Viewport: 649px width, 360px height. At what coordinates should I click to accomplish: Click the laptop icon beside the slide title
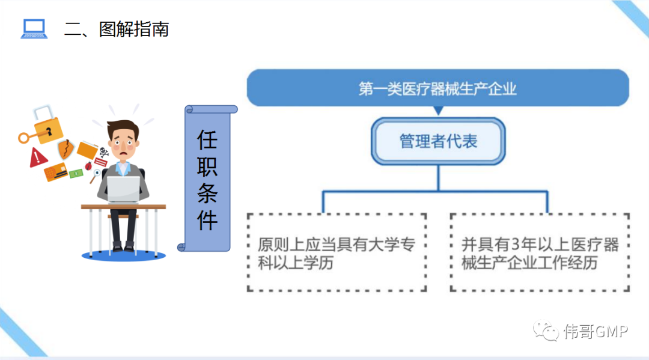[x=34, y=29]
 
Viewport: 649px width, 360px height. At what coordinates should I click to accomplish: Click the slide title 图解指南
[x=134, y=29]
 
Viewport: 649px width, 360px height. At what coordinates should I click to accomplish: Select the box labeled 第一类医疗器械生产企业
[x=437, y=88]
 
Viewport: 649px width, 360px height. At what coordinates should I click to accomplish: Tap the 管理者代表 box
[x=438, y=141]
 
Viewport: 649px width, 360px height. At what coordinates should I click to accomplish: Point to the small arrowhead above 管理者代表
[x=438, y=111]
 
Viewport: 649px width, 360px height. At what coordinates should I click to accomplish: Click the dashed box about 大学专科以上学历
[x=337, y=252]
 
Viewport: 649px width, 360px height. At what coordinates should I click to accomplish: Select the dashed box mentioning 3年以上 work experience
[x=540, y=252]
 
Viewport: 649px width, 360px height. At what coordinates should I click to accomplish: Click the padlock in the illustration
[x=47, y=123]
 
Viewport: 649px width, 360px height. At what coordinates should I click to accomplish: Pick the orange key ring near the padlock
[x=24, y=138]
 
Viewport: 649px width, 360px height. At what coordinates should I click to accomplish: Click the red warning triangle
[x=38, y=158]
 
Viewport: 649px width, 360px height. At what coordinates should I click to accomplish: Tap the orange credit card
[x=55, y=172]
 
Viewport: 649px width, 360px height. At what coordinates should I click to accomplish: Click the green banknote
[x=76, y=174]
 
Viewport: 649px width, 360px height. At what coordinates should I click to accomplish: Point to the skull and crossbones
[x=103, y=152]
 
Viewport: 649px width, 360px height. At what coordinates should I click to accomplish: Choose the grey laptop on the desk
[x=123, y=188]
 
